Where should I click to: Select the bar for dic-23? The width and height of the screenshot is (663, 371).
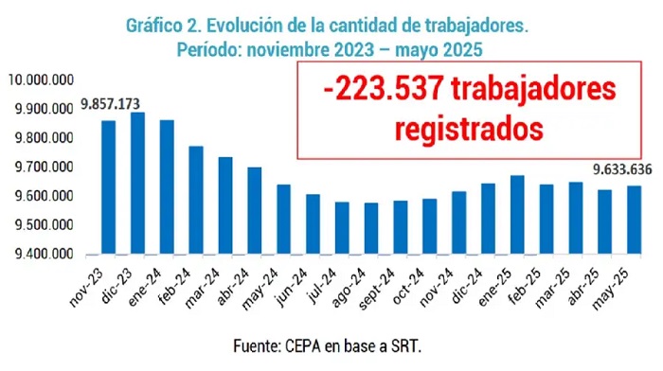point(138,183)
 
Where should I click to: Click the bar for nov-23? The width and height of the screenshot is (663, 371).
point(109,187)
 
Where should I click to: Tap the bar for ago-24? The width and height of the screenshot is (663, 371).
point(371,228)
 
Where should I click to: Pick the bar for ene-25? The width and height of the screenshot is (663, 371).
point(517,215)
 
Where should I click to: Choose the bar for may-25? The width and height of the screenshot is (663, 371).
point(634,220)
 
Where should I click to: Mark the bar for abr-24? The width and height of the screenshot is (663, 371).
point(255,210)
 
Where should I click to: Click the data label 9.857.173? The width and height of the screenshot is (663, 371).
point(111,103)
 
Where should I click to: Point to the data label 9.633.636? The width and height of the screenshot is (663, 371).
point(622,169)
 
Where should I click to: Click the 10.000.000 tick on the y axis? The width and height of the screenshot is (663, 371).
point(41,79)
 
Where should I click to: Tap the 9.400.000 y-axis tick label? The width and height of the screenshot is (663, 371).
point(45,254)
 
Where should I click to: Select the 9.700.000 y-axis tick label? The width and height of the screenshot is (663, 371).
point(45,167)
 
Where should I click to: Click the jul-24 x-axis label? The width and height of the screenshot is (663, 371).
point(323,286)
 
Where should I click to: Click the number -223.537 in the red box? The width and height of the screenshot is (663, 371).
point(384,90)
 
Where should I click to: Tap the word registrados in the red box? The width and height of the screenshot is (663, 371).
point(469,129)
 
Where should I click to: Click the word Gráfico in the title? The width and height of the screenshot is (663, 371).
point(153,26)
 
